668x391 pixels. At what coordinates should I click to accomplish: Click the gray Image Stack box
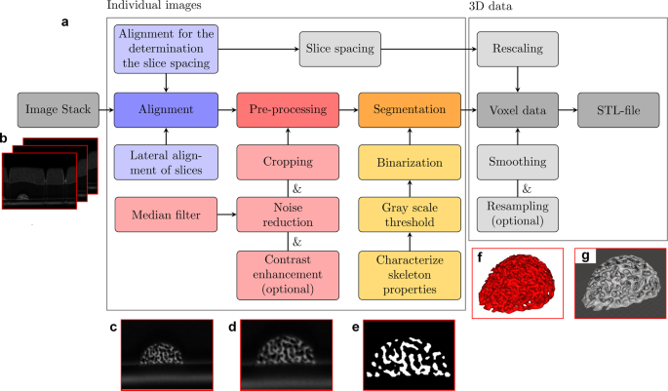[x=55, y=110]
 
